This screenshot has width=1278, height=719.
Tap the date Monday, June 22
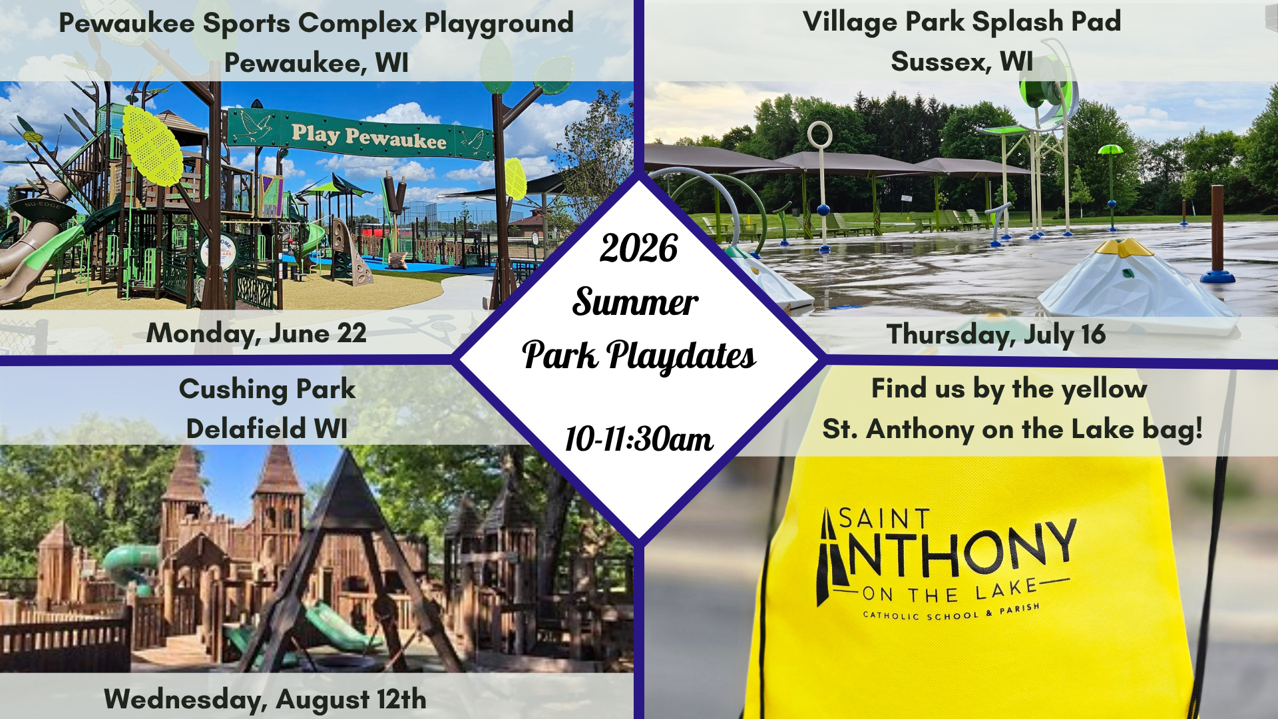pyautogui.click(x=256, y=333)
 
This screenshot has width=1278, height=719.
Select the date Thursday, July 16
pyautogui.click(x=996, y=334)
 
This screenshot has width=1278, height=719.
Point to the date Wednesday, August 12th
pyautogui.click(x=265, y=700)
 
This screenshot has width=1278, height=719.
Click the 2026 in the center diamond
pyautogui.click(x=638, y=248)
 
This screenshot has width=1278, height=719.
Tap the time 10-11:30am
pyautogui.click(x=638, y=439)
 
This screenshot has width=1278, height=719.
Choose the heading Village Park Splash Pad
pyautogui.click(x=962, y=22)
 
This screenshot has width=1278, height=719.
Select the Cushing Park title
pyautogui.click(x=267, y=389)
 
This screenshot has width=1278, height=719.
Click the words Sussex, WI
pyautogui.click(x=962, y=62)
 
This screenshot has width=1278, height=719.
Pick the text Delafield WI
pyautogui.click(x=267, y=429)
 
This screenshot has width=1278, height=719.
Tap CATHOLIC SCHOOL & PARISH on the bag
pyautogui.click(x=951, y=612)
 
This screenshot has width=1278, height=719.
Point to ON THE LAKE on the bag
pyautogui.click(x=950, y=591)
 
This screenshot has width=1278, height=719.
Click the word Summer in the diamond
pyautogui.click(x=636, y=302)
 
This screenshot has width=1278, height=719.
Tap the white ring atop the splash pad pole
pyautogui.click(x=819, y=135)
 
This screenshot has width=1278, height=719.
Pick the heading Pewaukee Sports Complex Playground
pyautogui.click(x=316, y=23)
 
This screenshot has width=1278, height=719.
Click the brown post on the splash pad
pyautogui.click(x=1217, y=230)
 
